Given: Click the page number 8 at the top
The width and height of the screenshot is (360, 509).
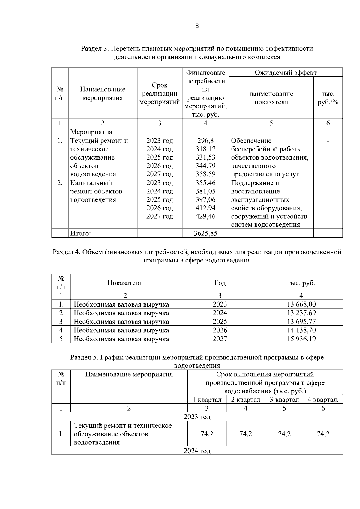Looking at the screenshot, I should pos(197,26).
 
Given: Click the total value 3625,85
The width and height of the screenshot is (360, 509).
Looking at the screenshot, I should pos(205,233).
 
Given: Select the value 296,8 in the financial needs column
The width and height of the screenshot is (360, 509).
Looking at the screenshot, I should pos(205,141).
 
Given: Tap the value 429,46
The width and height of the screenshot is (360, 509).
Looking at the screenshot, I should pos(205,216).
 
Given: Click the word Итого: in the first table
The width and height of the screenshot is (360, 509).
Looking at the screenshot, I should pos(80,233).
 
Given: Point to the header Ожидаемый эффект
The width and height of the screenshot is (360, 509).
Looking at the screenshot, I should pos(286,73).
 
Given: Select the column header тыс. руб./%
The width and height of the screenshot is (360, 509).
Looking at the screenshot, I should pos(328,98).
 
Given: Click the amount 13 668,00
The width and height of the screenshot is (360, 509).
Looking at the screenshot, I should pos(301,304).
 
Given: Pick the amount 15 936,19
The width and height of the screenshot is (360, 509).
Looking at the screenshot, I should pos(301,339).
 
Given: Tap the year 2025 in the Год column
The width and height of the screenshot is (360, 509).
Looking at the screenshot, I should pos(220,322).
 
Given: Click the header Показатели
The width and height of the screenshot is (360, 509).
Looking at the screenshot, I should pos(125,283).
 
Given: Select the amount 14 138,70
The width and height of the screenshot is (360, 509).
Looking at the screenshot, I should pos(301,330).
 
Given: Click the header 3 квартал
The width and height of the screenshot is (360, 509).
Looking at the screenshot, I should pos(284,400).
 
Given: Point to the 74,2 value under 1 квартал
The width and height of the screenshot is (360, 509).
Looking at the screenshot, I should pos(207,434).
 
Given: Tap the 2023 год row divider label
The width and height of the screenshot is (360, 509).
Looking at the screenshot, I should pos(197,417).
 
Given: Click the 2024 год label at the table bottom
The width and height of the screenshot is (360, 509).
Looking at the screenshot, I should pos(197,451).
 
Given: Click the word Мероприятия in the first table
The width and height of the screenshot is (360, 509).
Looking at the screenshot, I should pos(91,132).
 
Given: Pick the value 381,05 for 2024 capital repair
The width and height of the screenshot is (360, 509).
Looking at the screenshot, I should pos(205,191).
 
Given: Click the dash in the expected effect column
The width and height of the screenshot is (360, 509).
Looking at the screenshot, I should pos(328,141).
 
